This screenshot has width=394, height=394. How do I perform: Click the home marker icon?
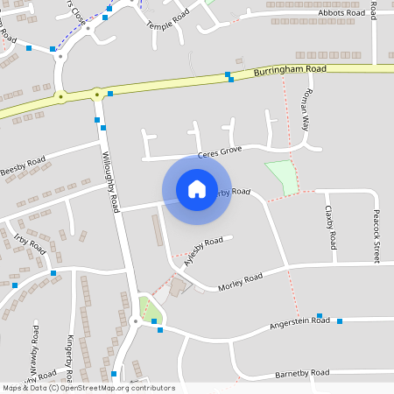196,188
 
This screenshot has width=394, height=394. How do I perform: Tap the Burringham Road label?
291,68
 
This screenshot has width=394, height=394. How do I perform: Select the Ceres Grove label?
219,153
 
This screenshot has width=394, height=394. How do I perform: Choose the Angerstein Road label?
299,323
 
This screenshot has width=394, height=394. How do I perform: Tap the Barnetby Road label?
301,372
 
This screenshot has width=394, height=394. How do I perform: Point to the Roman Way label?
306,109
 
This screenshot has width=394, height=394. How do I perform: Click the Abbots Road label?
342,13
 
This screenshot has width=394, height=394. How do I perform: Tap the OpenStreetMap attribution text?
88,388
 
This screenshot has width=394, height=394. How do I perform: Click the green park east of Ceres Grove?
282,177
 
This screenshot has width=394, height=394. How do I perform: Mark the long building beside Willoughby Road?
158,230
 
